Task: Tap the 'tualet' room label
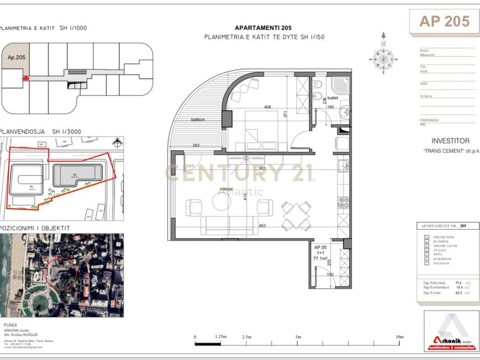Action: click(x=333, y=98)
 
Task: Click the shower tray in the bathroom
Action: click(x=338, y=85)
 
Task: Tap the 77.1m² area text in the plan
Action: click(x=321, y=257)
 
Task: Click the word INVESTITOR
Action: click(x=450, y=141)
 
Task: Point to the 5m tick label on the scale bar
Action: click(x=298, y=337)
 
